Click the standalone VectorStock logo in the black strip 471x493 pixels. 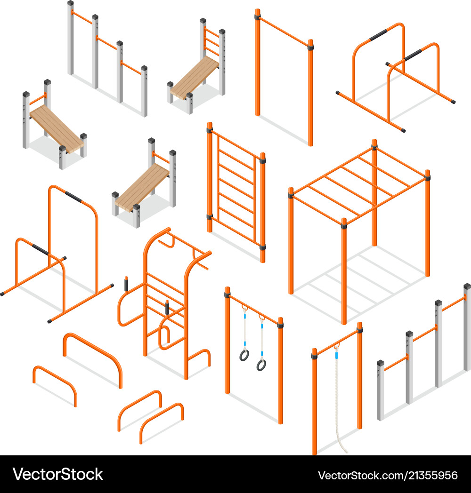(58, 474)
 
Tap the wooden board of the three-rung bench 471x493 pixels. (194, 76)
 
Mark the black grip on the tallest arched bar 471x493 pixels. (73, 196)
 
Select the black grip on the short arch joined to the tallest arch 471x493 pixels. (40, 250)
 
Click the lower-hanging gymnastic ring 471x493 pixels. (261, 364)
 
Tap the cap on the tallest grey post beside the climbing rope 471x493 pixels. (467, 286)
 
